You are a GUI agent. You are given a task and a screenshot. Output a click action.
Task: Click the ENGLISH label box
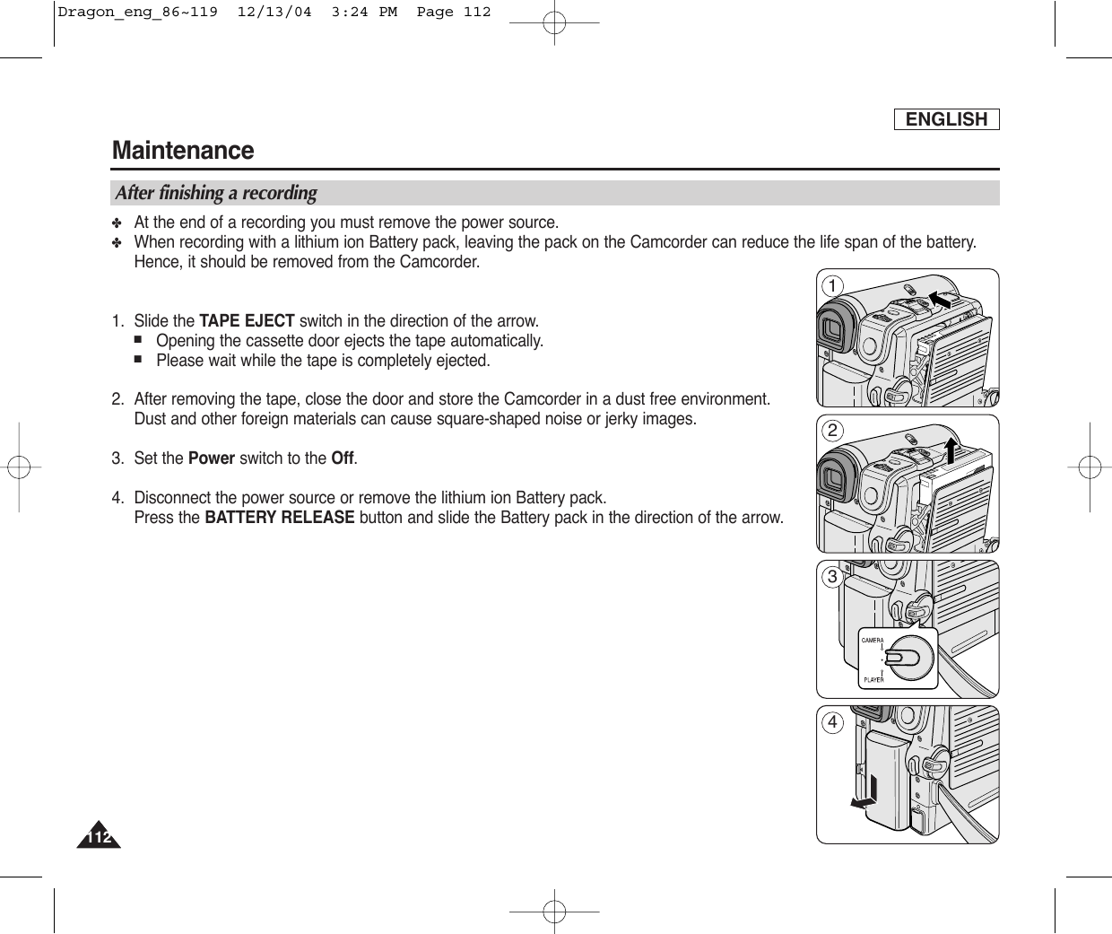pyautogui.click(x=946, y=119)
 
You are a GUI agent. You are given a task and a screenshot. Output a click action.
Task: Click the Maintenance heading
pyautogui.click(x=183, y=150)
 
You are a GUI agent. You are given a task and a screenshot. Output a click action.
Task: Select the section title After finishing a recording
pyautogui.click(x=216, y=193)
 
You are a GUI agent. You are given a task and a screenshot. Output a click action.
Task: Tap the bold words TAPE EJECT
pyautogui.click(x=247, y=321)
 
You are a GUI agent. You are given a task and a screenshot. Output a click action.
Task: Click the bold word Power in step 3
pyautogui.click(x=212, y=458)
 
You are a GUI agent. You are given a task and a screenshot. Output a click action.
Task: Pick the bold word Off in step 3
pyautogui.click(x=342, y=458)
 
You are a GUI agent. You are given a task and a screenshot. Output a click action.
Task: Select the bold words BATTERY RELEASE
pyautogui.click(x=280, y=518)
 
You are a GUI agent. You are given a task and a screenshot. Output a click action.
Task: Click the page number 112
pyautogui.click(x=99, y=838)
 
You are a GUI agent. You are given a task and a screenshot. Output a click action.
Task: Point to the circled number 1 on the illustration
pyautogui.click(x=834, y=286)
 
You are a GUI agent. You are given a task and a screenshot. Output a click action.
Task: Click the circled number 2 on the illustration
pyautogui.click(x=834, y=432)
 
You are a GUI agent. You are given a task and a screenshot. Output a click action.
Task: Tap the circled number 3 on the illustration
pyautogui.click(x=834, y=577)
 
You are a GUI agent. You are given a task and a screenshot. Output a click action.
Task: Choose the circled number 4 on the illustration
pyautogui.click(x=834, y=723)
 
